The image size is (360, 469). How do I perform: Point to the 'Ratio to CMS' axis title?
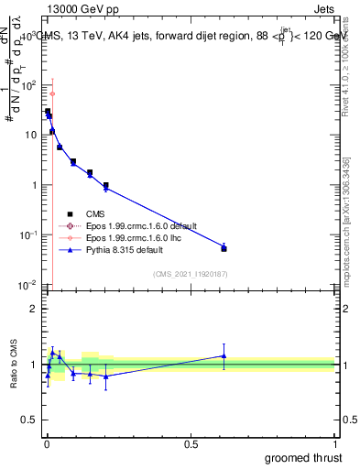coord(14,365)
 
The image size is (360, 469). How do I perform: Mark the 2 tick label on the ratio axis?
coord(34,308)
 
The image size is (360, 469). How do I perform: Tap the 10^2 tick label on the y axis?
coord(28,85)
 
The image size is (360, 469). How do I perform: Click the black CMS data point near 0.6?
coord(224,248)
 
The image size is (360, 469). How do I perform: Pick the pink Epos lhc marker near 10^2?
coord(52,93)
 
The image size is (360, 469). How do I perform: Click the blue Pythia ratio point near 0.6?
coord(224,356)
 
